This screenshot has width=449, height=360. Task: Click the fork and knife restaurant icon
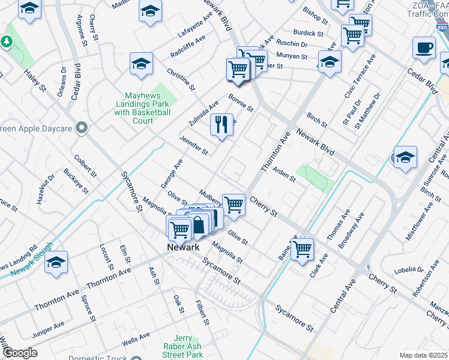(x=221, y=125)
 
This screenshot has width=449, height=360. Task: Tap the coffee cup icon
(x=424, y=48)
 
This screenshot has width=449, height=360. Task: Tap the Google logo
(x=19, y=353)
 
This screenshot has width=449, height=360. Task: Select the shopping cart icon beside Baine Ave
(x=302, y=248)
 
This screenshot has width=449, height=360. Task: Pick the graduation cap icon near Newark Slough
(x=56, y=262)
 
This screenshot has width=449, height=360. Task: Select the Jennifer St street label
(x=193, y=145)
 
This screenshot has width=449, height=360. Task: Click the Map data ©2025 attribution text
(x=423, y=355)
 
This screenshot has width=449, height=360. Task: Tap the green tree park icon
(x=7, y=41)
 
